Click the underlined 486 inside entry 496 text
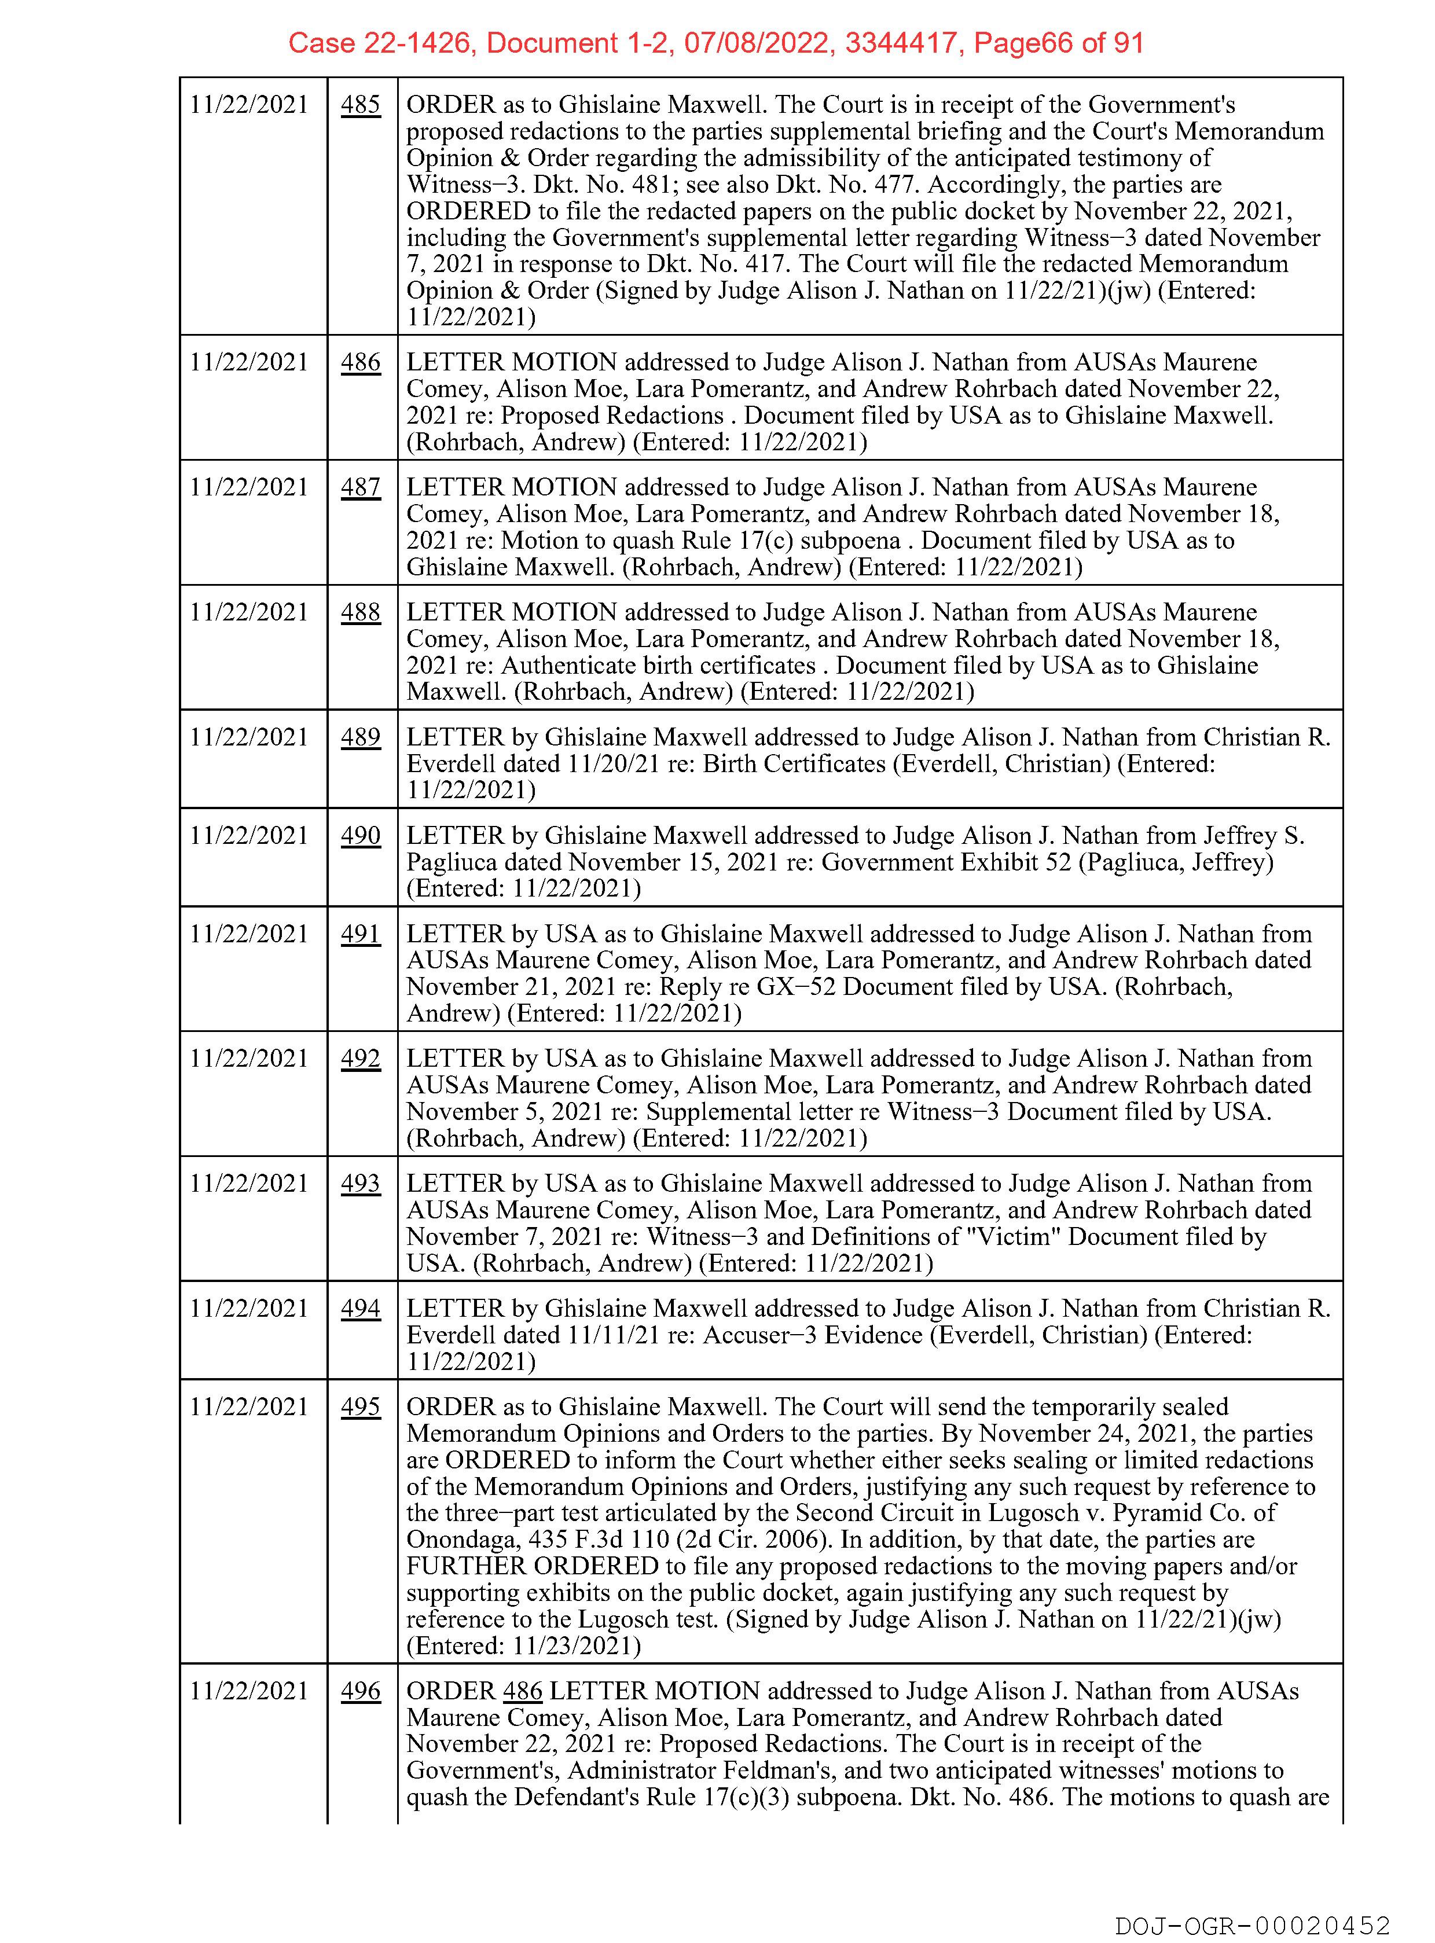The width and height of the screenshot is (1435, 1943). click(x=523, y=1691)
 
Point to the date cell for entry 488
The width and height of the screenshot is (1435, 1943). click(x=249, y=612)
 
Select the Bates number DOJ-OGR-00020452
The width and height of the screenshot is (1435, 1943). click(x=1253, y=1926)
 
